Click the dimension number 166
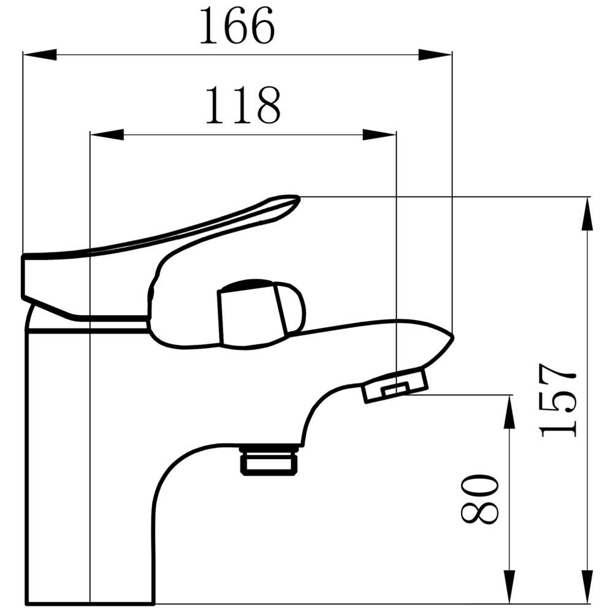click(237, 26)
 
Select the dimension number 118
click(243, 105)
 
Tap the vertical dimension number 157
click(557, 400)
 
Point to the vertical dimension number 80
click(480, 499)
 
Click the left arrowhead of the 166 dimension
click(40, 55)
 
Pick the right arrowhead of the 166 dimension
click(435, 55)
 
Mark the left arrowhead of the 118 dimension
click(107, 134)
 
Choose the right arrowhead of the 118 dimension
click(379, 134)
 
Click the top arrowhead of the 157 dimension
click(587, 214)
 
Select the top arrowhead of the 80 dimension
click(509, 412)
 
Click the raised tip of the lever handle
click(297, 199)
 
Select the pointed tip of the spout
click(452, 337)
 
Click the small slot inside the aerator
click(395, 389)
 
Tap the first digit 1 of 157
click(557, 429)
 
